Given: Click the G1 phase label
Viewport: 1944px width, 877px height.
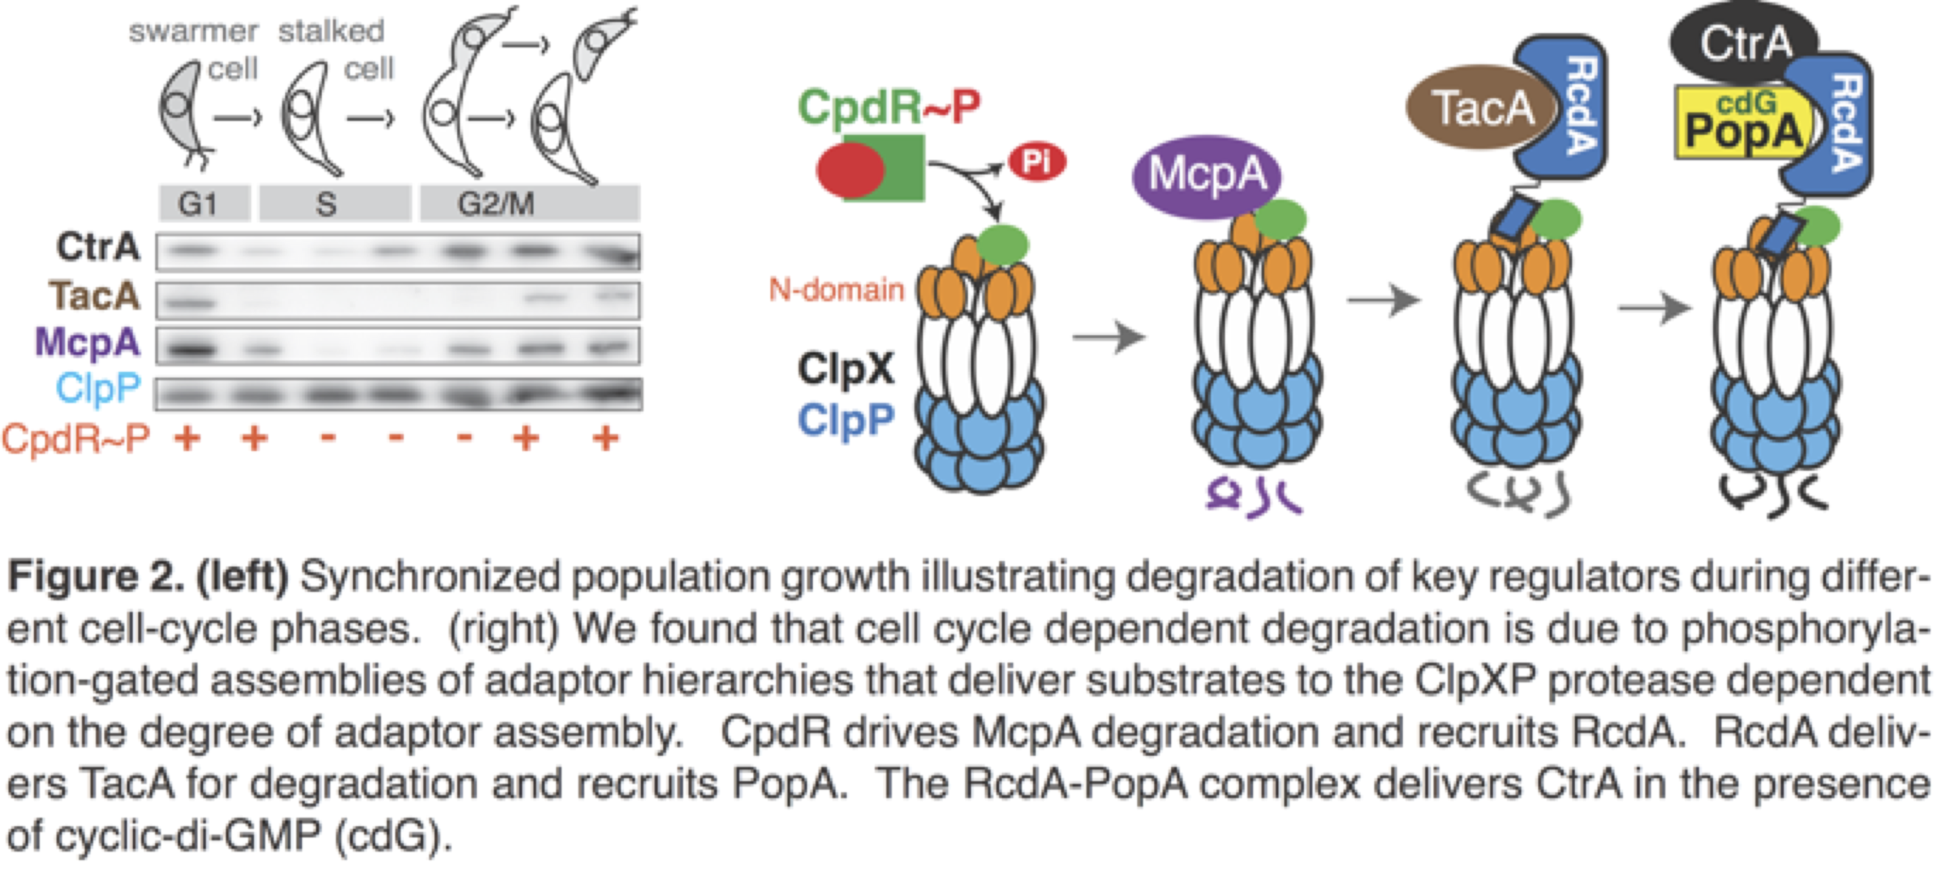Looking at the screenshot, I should click(x=198, y=204).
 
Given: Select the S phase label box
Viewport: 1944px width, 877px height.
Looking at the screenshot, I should click(x=326, y=204).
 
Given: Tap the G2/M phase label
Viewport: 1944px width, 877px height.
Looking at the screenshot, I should click(x=496, y=204).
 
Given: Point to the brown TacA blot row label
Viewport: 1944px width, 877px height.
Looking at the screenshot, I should click(x=95, y=295).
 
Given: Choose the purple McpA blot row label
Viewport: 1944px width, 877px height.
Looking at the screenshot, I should click(x=87, y=342).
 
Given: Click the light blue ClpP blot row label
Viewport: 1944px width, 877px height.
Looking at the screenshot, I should click(x=98, y=389).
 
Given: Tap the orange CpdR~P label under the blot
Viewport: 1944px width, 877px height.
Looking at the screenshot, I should click(x=75, y=439).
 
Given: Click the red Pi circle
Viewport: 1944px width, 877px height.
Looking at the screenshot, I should click(x=1037, y=161).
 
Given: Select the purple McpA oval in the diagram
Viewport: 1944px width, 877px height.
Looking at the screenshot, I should click(x=1206, y=175).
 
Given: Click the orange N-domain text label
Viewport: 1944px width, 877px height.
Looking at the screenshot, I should click(x=836, y=289).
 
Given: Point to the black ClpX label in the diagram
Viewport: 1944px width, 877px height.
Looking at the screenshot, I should click(x=845, y=369).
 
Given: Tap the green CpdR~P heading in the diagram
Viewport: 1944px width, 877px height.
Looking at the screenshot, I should click(x=889, y=106).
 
